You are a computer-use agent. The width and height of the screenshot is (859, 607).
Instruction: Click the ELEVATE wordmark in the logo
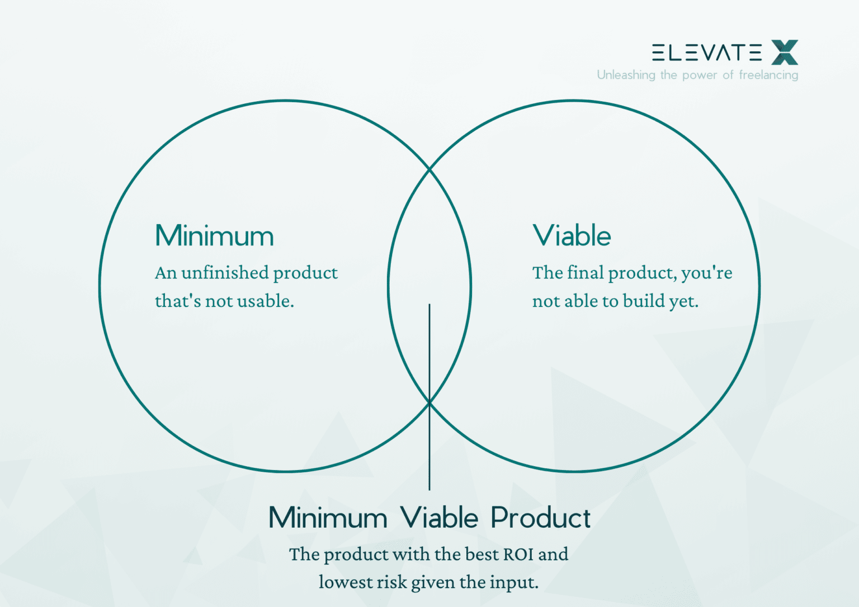click(x=707, y=53)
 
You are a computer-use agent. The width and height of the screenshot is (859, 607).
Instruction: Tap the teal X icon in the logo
click(x=785, y=52)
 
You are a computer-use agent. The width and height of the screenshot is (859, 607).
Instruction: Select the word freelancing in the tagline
click(x=768, y=75)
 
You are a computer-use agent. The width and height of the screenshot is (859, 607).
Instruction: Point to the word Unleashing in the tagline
click(x=626, y=75)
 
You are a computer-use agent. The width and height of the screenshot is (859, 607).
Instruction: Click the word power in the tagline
click(x=699, y=75)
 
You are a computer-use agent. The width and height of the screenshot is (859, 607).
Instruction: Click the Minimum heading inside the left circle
click(x=214, y=235)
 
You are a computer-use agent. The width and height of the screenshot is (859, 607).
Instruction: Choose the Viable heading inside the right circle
click(x=572, y=235)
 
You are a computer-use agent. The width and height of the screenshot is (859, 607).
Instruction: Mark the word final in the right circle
click(x=586, y=273)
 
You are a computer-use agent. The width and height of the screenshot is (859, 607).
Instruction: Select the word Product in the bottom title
click(x=540, y=518)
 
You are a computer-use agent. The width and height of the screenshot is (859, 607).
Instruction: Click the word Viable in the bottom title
click(x=439, y=518)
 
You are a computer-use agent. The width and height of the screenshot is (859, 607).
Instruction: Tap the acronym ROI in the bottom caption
click(x=518, y=554)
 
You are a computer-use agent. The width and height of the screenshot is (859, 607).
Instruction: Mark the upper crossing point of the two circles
click(x=429, y=169)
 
